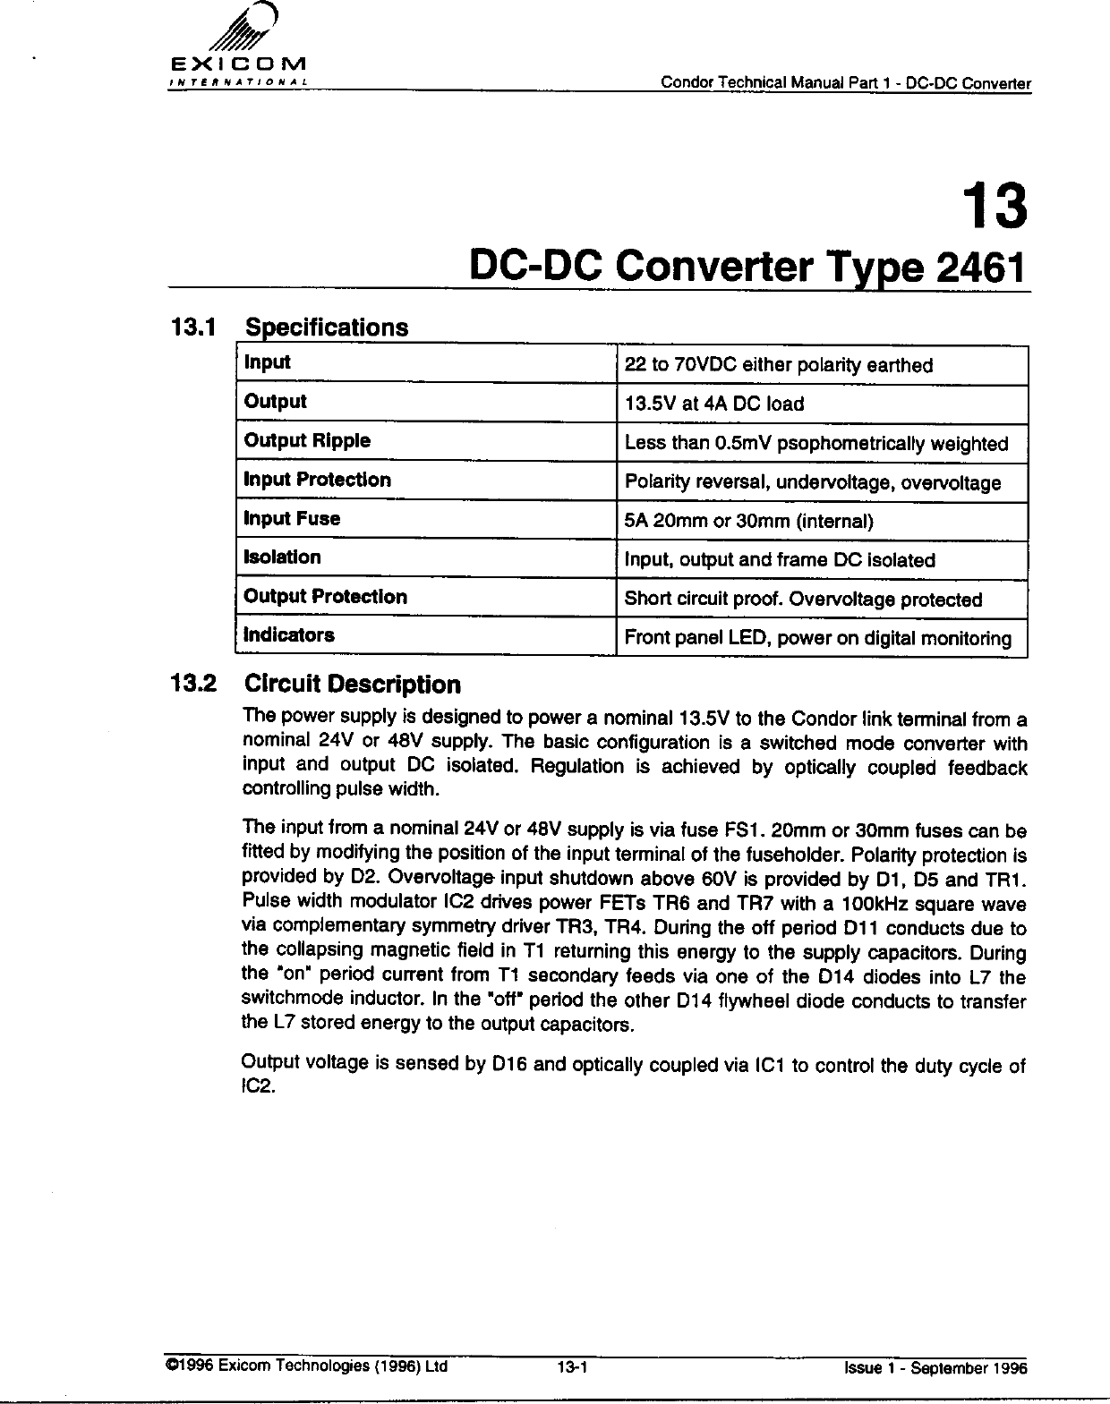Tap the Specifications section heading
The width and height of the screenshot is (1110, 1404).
pos(326,328)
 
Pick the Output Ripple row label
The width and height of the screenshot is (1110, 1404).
pos(307,441)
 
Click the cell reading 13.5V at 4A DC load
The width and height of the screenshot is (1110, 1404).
pos(714,404)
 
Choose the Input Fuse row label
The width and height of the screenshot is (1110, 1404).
pos(292,519)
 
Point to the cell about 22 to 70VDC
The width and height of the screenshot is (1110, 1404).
pos(778,365)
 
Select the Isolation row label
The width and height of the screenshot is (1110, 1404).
pos(282,557)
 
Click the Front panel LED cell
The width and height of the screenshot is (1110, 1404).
pos(817,638)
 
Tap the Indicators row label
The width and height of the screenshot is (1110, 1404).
pos(289,635)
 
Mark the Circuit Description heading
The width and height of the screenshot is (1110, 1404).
pos(353,685)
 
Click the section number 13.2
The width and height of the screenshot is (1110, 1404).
pos(193,685)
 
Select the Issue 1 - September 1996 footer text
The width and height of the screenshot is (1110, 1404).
pos(935,1368)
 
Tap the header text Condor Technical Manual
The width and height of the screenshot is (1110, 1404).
pos(845,84)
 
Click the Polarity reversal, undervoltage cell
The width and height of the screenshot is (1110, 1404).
pos(812,483)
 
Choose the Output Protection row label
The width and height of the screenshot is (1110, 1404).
pos(325,597)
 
